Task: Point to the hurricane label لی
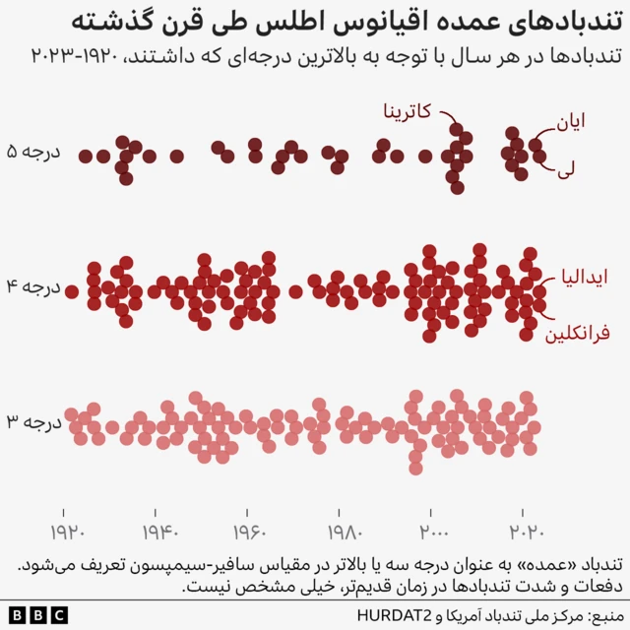point(566,169)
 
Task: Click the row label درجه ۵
point(34,155)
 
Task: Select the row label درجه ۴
point(34,289)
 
